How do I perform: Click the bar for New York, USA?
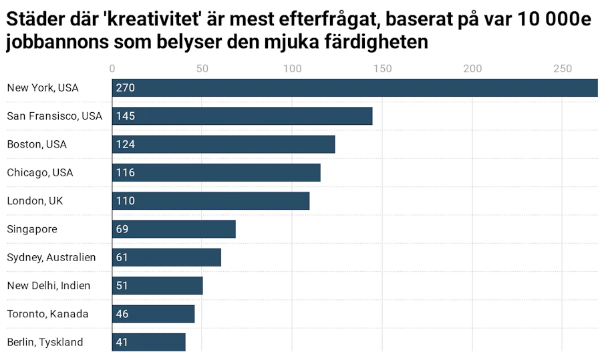pyautogui.click(x=355, y=87)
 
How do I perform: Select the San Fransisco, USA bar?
pyautogui.click(x=243, y=116)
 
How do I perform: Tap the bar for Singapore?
pyautogui.click(x=174, y=229)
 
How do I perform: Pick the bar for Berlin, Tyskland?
pyautogui.click(x=149, y=342)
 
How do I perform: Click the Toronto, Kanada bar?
pyautogui.click(x=153, y=314)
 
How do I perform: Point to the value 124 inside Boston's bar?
pyautogui.click(x=125, y=144)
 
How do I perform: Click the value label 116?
pyautogui.click(x=125, y=173)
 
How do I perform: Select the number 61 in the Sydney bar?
pyautogui.click(x=122, y=257)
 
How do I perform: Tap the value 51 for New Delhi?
pyautogui.click(x=122, y=286)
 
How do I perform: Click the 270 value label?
pyautogui.click(x=125, y=88)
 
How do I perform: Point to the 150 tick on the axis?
pyautogui.click(x=382, y=69)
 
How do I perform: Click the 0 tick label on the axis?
pyautogui.click(x=112, y=69)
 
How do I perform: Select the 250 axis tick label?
pyautogui.click(x=563, y=69)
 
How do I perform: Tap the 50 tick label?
pyautogui.click(x=202, y=69)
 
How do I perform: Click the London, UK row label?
pyautogui.click(x=35, y=201)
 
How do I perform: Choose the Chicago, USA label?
pyautogui.click(x=40, y=172)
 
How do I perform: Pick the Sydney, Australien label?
pyautogui.click(x=51, y=257)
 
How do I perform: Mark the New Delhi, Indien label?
pyautogui.click(x=49, y=286)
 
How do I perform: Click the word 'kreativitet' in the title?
pyautogui.click(x=152, y=19)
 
